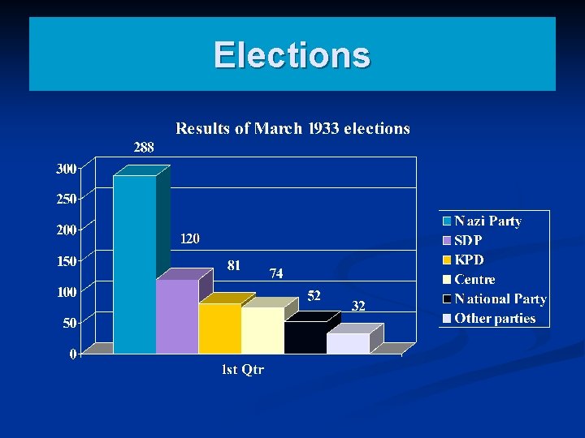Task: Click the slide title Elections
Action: click(292, 55)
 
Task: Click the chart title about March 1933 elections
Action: click(292, 128)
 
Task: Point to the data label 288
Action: click(144, 148)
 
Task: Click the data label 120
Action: click(189, 239)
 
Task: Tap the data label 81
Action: click(233, 265)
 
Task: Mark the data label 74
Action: click(276, 274)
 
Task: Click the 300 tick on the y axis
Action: click(66, 169)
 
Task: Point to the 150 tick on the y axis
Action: click(66, 261)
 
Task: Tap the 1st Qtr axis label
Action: click(243, 370)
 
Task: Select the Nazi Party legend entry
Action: click(487, 221)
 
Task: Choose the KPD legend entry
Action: click(468, 260)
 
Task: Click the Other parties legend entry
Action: click(494, 318)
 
